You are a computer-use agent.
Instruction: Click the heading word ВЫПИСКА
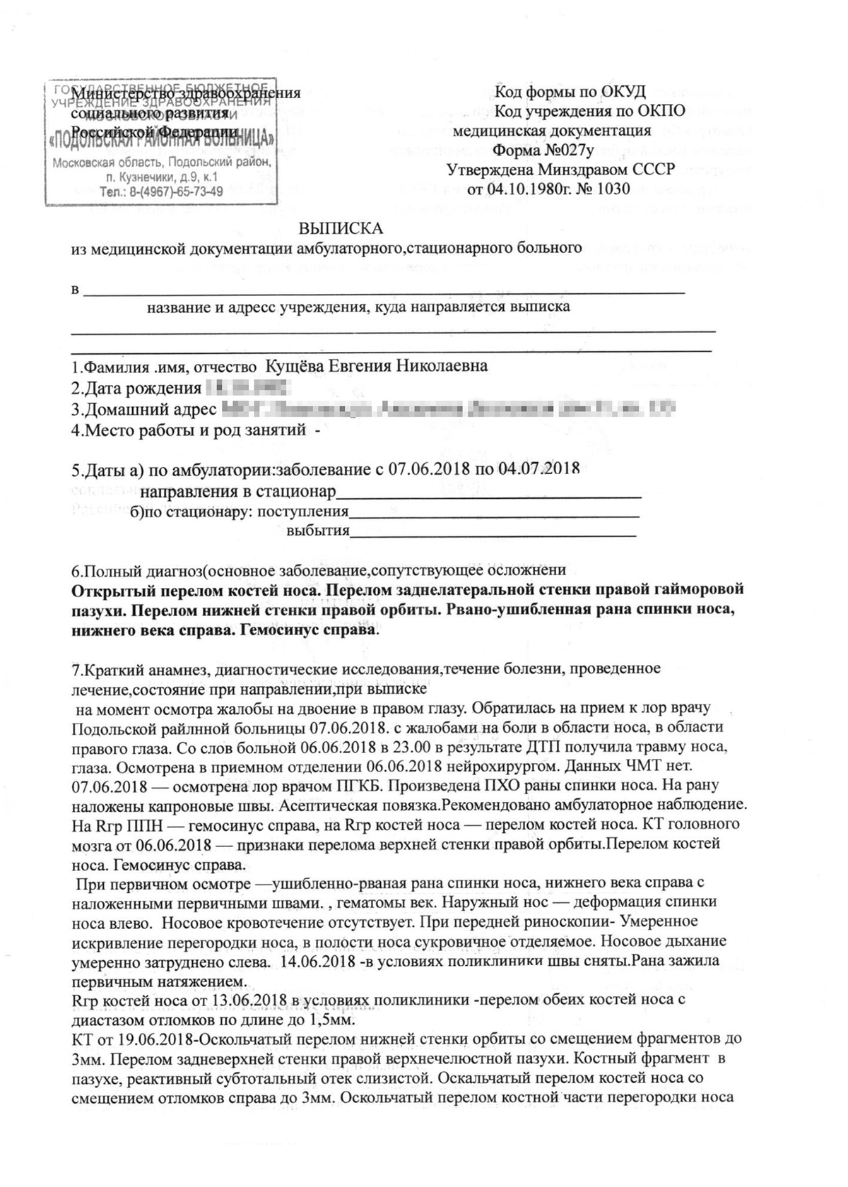click(x=341, y=229)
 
